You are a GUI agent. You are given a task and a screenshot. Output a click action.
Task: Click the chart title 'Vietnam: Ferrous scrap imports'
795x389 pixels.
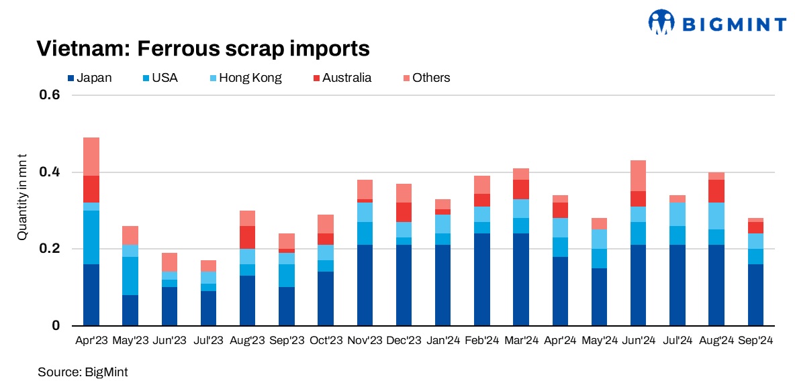202,49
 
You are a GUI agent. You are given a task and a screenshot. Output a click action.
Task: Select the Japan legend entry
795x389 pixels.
90,78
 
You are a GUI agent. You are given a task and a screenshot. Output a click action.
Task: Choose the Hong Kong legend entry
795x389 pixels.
244,78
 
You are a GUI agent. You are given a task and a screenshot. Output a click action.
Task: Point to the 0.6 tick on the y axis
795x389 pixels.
52,95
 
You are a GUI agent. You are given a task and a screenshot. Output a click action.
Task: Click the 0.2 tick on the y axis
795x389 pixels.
52,249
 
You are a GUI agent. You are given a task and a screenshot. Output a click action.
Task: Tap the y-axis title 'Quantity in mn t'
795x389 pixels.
22,197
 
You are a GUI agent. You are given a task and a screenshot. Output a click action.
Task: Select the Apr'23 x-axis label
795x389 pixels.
91,341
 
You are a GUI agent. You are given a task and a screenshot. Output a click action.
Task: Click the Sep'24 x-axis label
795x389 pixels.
755,341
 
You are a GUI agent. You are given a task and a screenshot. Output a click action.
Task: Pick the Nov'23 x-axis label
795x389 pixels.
365,341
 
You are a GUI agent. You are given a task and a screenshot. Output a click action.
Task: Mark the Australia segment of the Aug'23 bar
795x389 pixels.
248,237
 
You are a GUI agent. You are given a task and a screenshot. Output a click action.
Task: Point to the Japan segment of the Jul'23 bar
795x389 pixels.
208,309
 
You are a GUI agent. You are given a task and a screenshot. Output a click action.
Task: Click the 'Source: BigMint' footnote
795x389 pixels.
83,372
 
